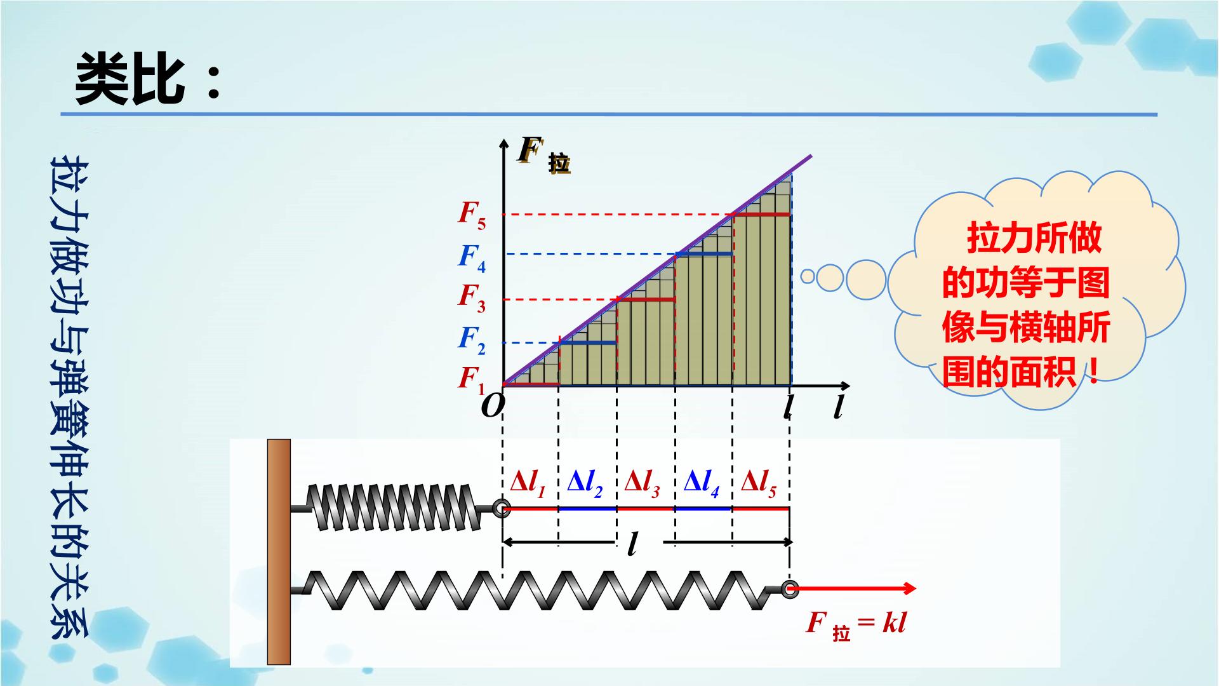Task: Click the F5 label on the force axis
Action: pyautogui.click(x=472, y=215)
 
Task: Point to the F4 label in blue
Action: pyautogui.click(x=472, y=258)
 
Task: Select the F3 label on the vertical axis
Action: pyautogui.click(x=472, y=298)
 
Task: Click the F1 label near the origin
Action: pyautogui.click(x=472, y=380)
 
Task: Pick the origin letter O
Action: pyautogui.click(x=493, y=405)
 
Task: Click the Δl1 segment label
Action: pyautogui.click(x=528, y=483)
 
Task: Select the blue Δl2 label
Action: pyautogui.click(x=585, y=483)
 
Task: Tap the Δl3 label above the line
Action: pyautogui.click(x=642, y=483)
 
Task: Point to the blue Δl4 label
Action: pyautogui.click(x=702, y=483)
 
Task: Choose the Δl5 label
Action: pyautogui.click(x=759, y=483)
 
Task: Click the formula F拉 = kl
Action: pyautogui.click(x=856, y=624)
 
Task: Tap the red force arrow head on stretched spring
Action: pyautogui.click(x=909, y=588)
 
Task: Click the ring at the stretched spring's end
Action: pyautogui.click(x=790, y=588)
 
